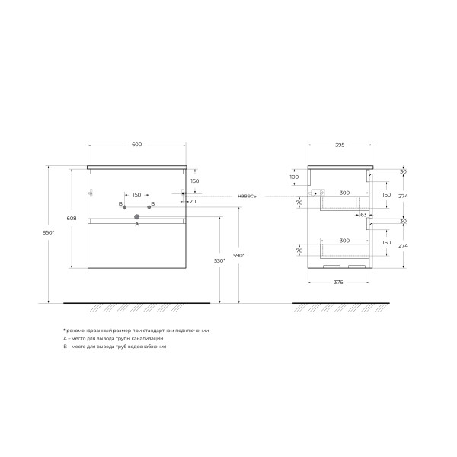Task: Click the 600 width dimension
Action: point(137,145)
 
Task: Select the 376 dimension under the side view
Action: point(340,283)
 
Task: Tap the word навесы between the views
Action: point(248,196)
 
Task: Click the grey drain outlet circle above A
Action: point(137,217)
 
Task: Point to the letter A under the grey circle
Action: point(137,225)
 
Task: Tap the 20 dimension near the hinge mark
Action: point(193,202)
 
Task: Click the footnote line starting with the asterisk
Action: point(136,331)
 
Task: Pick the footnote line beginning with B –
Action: point(115,346)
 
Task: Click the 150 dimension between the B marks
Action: point(137,195)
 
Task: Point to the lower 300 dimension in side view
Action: point(345,241)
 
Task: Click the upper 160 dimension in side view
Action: point(385,195)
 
